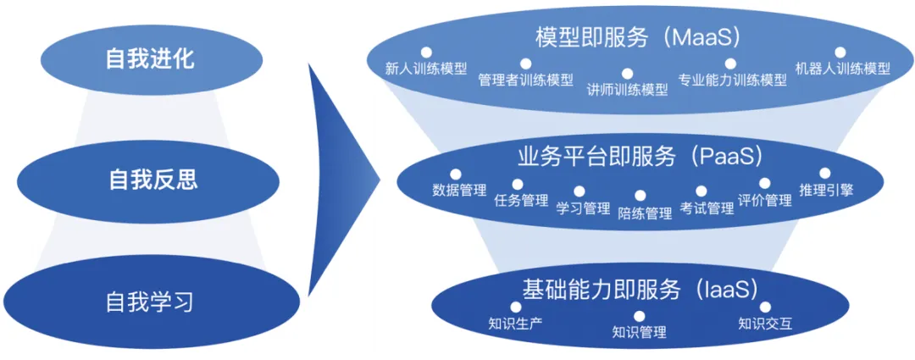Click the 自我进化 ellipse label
pyautogui.click(x=150, y=58)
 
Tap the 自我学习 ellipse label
pyautogui.click(x=150, y=301)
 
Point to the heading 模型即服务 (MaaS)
pyautogui.click(x=638, y=37)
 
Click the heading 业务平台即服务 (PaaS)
pyautogui.click(x=640, y=157)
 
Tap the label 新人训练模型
pyautogui.click(x=425, y=69)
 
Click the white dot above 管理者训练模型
pyautogui.click(x=525, y=64)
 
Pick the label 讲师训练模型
pyautogui.click(x=627, y=90)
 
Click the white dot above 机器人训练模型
pyautogui.click(x=841, y=53)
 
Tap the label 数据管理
pyautogui.click(x=458, y=191)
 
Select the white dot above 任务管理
pyautogui.click(x=518, y=184)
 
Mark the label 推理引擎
pyautogui.click(x=826, y=190)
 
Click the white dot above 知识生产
pyautogui.click(x=515, y=306)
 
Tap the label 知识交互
pyautogui.click(x=765, y=324)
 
